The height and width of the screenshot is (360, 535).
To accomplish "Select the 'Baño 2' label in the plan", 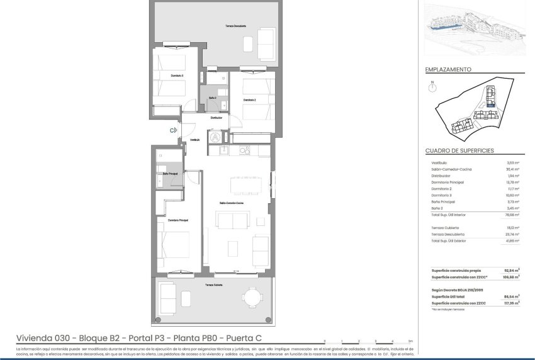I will coord(213,98).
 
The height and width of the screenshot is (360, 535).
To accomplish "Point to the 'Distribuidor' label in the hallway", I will coord(217,118).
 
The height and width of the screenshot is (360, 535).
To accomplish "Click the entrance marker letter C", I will coord(172,130).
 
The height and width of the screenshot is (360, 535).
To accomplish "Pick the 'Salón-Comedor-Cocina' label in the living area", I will coord(231,203).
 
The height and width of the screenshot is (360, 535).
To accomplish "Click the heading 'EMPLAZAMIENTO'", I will coord(448,70).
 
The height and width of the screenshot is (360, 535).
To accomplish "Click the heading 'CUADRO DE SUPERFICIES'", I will coord(459,151).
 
